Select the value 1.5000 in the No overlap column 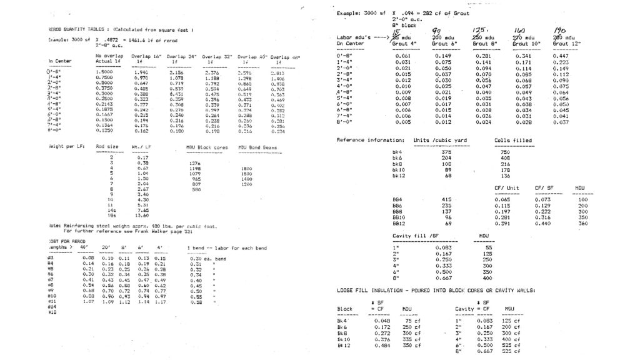coord(104,72)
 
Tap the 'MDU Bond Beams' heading coord(257,147)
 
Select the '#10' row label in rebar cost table coord(52,296)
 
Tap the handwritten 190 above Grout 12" coord(559,31)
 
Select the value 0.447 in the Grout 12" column coord(561,56)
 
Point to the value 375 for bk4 coord(446,152)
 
